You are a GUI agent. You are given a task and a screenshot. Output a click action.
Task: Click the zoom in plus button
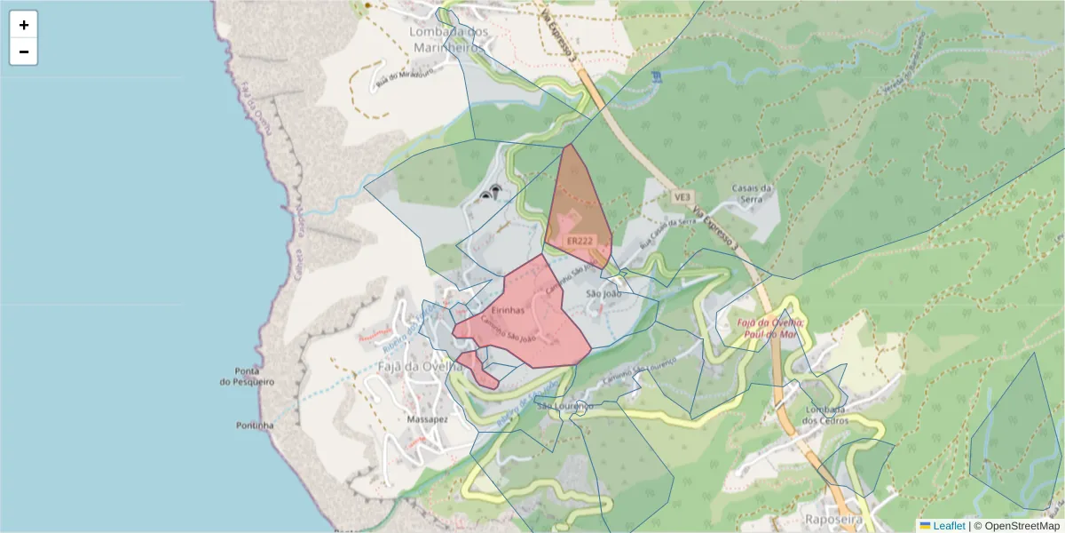[24, 25]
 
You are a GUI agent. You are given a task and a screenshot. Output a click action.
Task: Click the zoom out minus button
[24, 52]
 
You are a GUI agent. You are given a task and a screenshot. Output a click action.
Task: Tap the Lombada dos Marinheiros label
[448, 40]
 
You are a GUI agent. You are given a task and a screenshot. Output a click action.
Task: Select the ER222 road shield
[579, 241]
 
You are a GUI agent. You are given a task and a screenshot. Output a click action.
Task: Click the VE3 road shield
[682, 196]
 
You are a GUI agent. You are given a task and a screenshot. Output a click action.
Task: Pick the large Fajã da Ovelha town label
[419, 366]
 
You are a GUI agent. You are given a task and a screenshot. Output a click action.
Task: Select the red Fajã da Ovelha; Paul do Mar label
[771, 328]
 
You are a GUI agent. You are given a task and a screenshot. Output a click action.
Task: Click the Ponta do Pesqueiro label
[248, 376]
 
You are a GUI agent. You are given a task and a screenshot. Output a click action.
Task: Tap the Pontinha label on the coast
[255, 426]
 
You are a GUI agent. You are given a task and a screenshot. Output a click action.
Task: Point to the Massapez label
[427, 418]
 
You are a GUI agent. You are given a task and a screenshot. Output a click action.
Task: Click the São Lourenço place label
[565, 406]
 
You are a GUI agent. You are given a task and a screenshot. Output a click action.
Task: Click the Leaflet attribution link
[948, 526]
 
